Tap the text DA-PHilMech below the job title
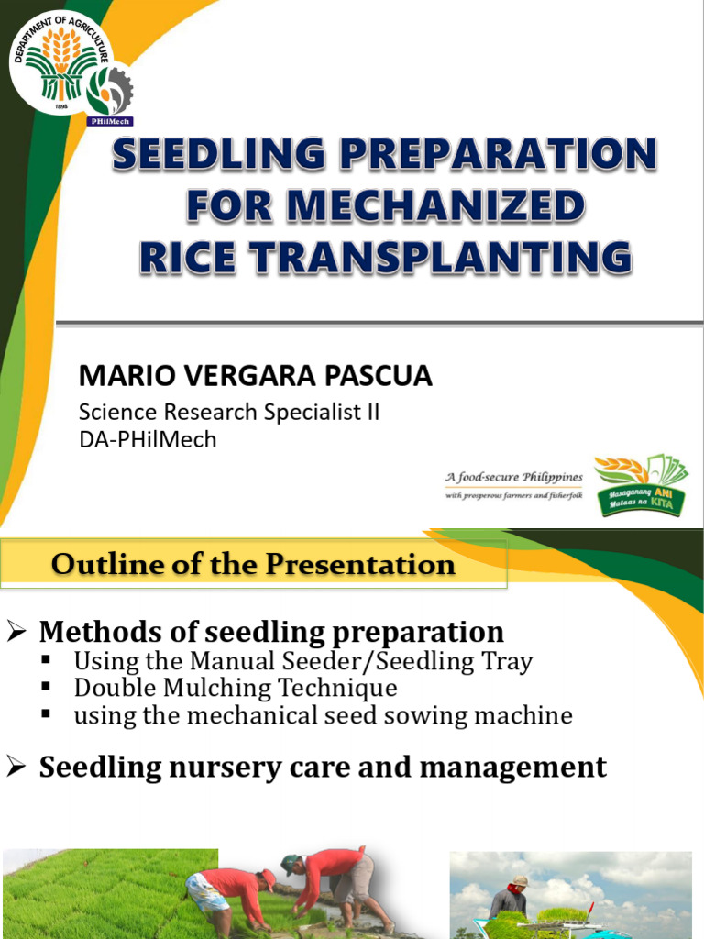(148, 439)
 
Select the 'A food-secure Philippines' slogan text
(513, 478)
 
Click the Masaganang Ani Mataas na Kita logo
(641, 486)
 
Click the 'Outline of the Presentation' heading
(253, 564)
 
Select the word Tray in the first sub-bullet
(507, 661)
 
